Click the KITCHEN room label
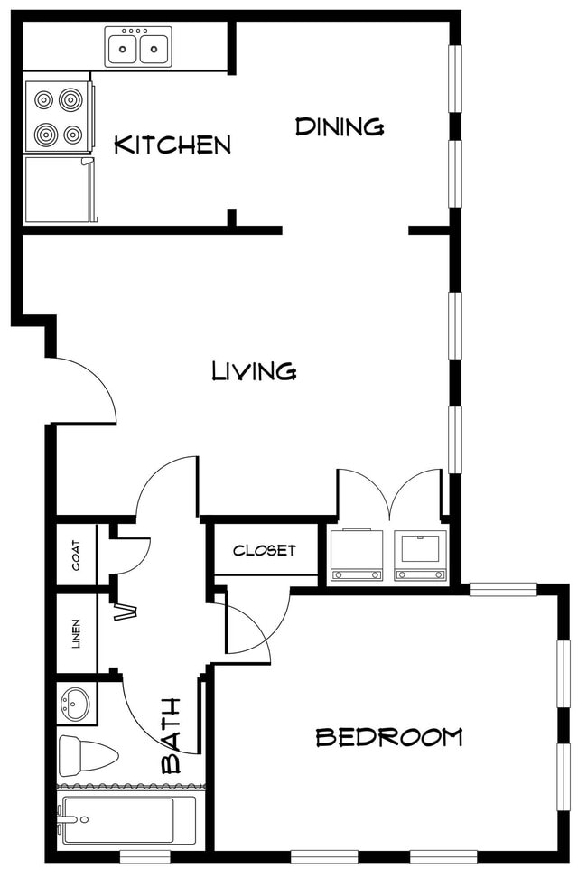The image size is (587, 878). click(172, 145)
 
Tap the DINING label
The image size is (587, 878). click(340, 127)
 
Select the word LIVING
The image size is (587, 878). click(254, 370)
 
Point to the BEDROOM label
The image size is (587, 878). click(388, 737)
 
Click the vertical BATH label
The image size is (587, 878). click(171, 735)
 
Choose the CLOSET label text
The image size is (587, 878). click(265, 550)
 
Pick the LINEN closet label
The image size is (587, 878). click(76, 633)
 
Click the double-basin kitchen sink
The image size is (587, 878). click(138, 46)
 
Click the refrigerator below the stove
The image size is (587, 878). click(59, 190)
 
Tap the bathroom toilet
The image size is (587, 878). click(87, 755)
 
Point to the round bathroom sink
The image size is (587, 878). click(76, 703)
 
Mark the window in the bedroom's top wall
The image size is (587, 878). click(503, 590)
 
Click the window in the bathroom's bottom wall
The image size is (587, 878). click(145, 855)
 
